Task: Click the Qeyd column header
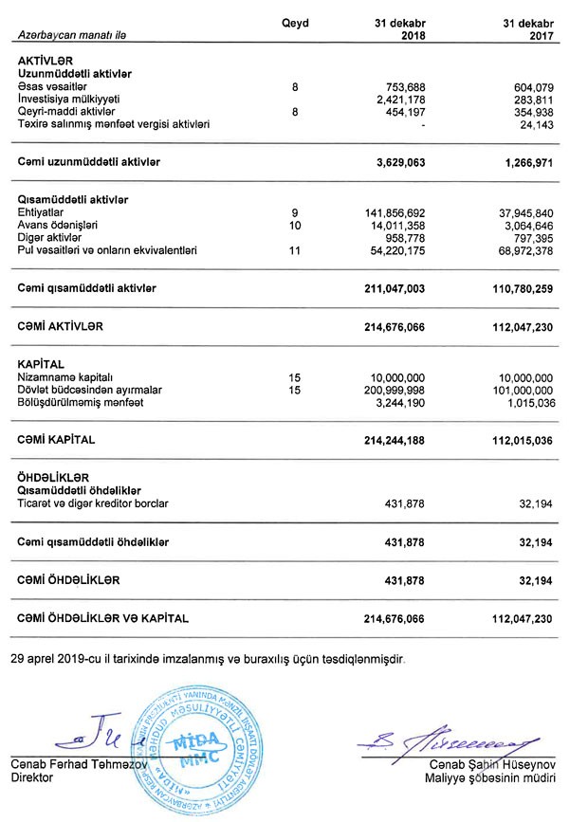click(x=296, y=23)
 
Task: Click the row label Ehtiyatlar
click(x=42, y=212)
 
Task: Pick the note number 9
click(x=296, y=212)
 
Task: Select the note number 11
click(x=296, y=250)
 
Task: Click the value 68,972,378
click(x=519, y=250)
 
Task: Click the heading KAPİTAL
click(x=40, y=364)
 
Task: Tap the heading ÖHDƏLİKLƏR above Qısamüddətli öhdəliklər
click(x=52, y=477)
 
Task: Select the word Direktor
click(x=34, y=776)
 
